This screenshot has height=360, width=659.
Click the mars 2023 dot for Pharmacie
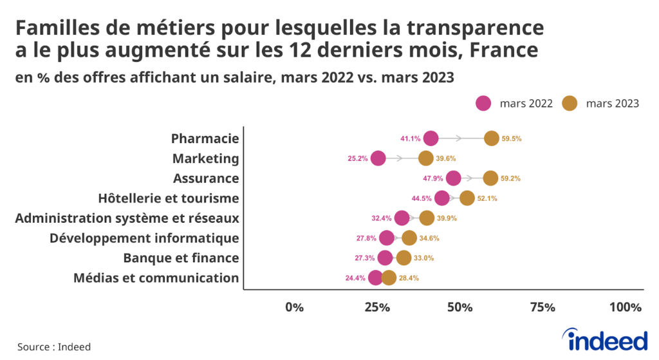[x=492, y=138]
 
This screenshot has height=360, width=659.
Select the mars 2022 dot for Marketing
[x=378, y=158]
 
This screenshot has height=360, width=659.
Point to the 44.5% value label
[x=422, y=198]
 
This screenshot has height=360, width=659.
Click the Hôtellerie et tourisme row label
[x=169, y=198]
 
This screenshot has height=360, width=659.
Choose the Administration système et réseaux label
[x=127, y=218]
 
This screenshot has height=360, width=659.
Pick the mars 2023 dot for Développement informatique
[x=409, y=238]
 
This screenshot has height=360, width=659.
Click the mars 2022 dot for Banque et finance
[x=385, y=258]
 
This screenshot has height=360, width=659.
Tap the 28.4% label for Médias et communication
[x=409, y=278]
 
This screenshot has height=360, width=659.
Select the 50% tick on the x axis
[x=459, y=307]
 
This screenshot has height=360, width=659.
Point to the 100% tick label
[x=626, y=307]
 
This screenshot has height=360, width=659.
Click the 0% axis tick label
[x=294, y=307]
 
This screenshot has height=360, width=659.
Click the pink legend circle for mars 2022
[x=483, y=103]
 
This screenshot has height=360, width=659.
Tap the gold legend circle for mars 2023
[x=570, y=103]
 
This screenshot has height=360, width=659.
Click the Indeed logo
[x=604, y=339]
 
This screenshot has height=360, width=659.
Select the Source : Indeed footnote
[x=54, y=346]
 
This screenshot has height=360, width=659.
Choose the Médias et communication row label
[x=156, y=278]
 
